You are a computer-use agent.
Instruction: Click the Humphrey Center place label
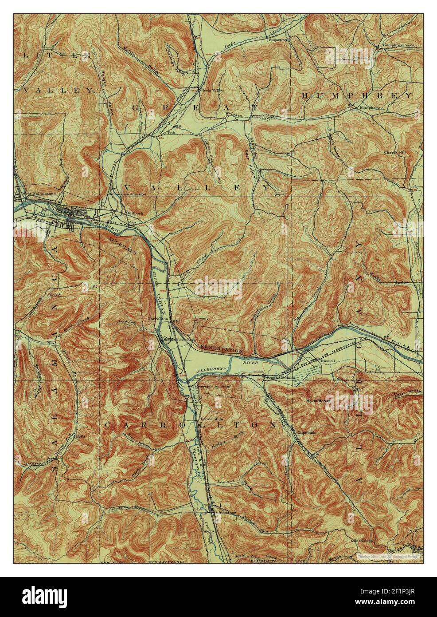click(x=393, y=45)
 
